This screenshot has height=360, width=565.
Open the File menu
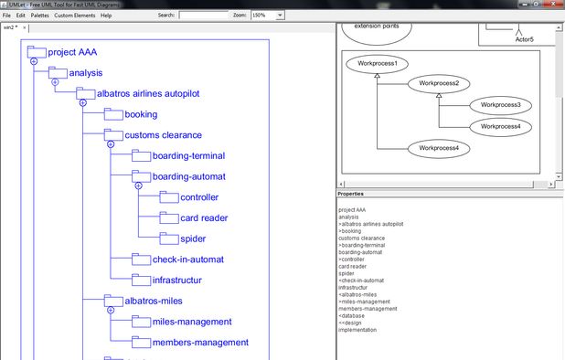point(7,16)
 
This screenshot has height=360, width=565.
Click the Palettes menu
point(39,16)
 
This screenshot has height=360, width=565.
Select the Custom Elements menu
point(74,16)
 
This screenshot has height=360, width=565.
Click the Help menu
point(106,16)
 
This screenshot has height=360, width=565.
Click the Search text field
point(203,16)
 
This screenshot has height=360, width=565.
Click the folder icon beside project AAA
point(36,51)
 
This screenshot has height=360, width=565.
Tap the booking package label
point(141,114)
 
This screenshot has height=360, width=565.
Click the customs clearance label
point(163,135)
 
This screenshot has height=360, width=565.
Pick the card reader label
point(204,217)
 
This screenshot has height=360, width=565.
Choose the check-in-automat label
point(188,259)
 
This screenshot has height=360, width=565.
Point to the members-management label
point(200,342)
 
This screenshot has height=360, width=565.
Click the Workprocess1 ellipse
point(377,65)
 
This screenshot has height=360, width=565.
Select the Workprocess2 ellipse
point(438,84)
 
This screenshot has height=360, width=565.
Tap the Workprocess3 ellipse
point(499,105)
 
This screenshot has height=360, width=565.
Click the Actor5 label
point(524,39)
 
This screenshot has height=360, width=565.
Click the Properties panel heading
point(350,194)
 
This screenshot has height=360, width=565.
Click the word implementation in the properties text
point(357,329)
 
